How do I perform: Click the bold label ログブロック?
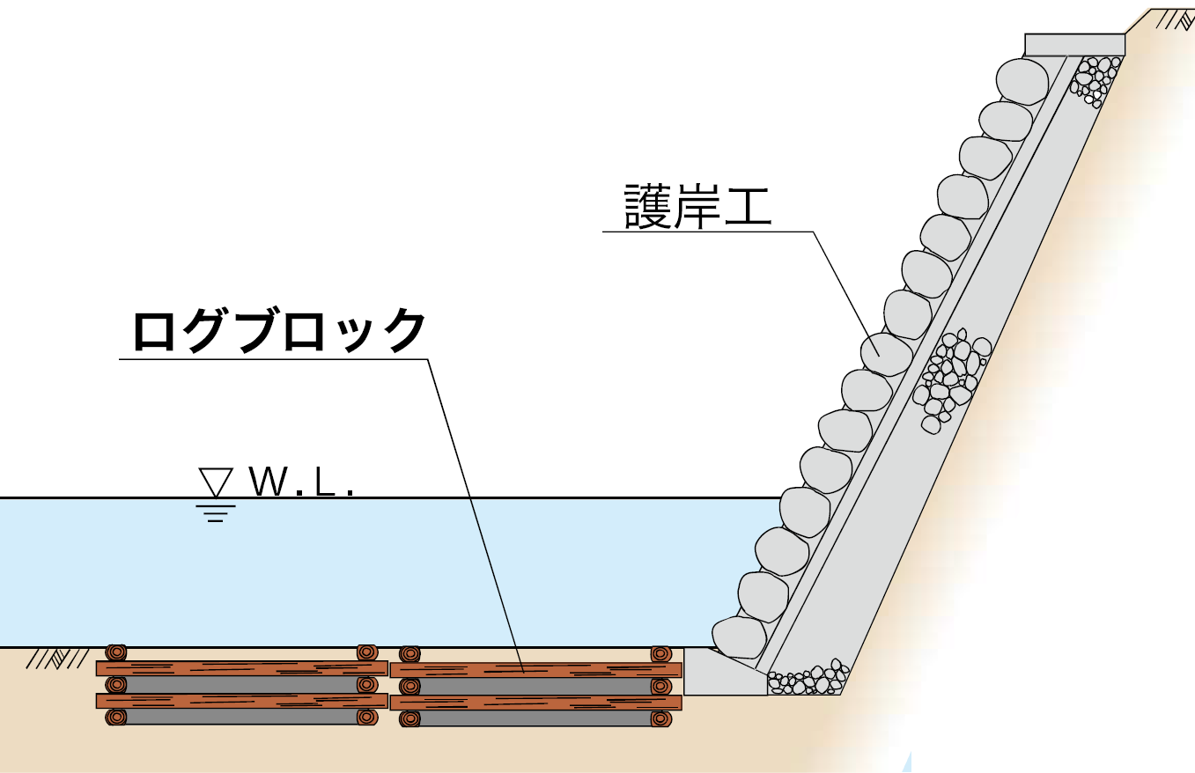[278, 331]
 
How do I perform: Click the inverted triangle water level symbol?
[216, 482]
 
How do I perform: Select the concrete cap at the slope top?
[1074, 44]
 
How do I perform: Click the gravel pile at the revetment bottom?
[807, 679]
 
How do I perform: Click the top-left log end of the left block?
[116, 652]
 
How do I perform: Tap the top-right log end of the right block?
[660, 654]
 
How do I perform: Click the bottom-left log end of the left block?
[116, 717]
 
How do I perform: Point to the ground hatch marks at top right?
[1170, 19]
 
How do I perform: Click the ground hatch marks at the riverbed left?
[49, 659]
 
